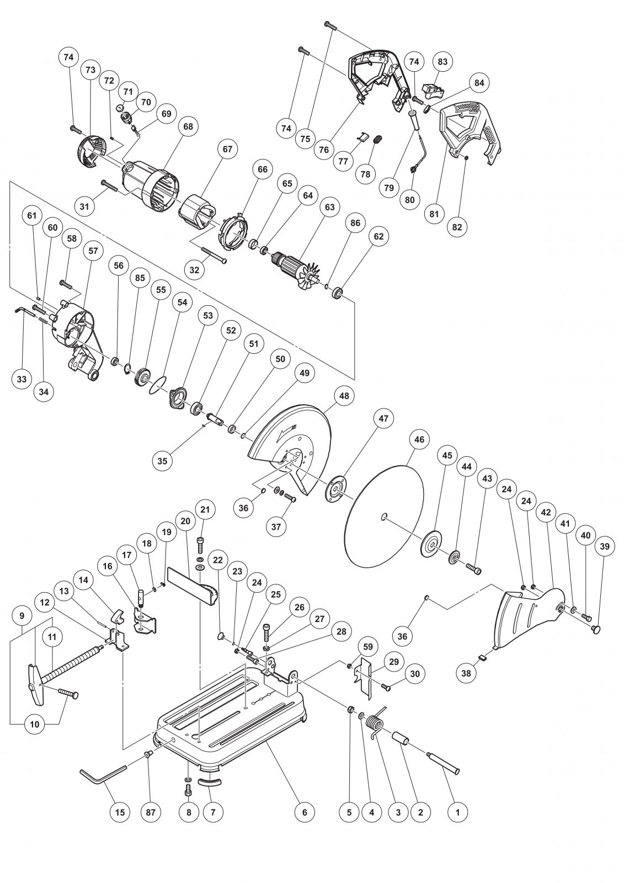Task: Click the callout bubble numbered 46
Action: click(x=419, y=440)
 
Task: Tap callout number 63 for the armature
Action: click(x=329, y=208)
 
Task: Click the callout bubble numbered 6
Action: click(x=304, y=812)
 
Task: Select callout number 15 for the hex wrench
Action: click(x=120, y=812)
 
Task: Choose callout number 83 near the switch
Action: click(x=442, y=62)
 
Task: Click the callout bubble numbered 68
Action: click(x=188, y=126)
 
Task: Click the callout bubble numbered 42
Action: click(x=546, y=512)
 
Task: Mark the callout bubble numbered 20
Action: click(x=185, y=521)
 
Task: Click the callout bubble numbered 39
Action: click(x=605, y=546)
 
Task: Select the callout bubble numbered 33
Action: click(x=21, y=379)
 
